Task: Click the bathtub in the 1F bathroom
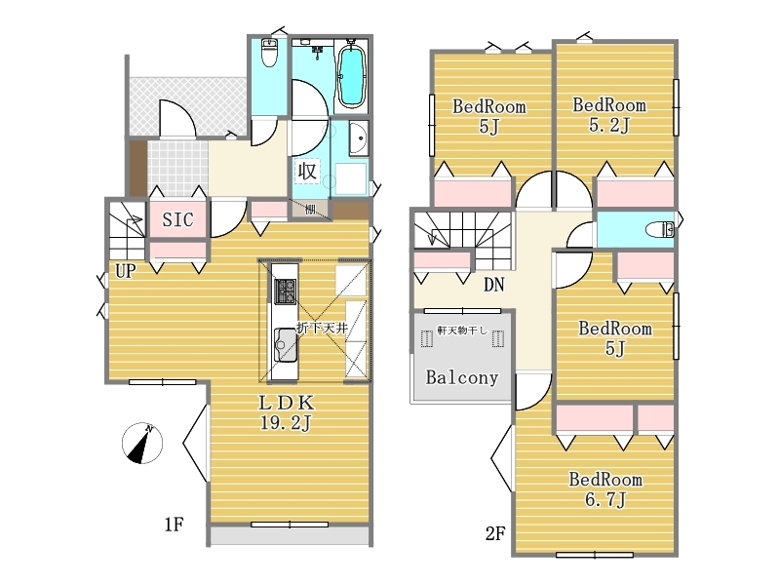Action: (x=352, y=76)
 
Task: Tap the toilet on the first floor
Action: (x=269, y=53)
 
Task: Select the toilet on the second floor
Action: (x=660, y=230)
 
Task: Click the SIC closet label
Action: (x=177, y=219)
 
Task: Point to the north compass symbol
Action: (x=142, y=444)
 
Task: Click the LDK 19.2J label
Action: (x=286, y=412)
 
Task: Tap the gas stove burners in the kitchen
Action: (x=285, y=292)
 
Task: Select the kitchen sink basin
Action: (x=285, y=344)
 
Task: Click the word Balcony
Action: (x=461, y=377)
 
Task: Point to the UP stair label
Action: (x=126, y=271)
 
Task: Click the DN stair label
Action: (x=494, y=285)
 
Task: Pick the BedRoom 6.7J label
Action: (x=605, y=489)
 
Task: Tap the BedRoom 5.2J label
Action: (x=609, y=115)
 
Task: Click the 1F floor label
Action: (x=175, y=525)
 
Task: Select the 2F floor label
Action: (x=495, y=533)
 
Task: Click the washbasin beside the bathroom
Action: (x=358, y=137)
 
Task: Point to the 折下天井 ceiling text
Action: (x=322, y=328)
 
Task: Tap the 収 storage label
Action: (x=307, y=172)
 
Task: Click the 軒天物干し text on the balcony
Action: (x=462, y=330)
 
